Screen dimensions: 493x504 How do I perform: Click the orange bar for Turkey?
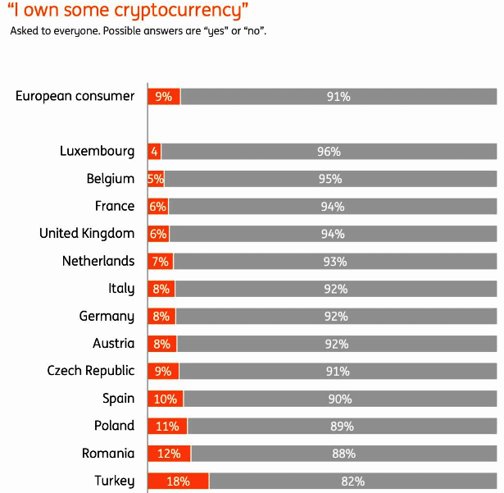pos(178,481)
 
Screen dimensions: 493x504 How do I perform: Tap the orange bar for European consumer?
pos(164,96)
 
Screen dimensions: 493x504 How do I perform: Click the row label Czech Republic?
pos(90,371)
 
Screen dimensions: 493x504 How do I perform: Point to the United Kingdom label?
pos(87,234)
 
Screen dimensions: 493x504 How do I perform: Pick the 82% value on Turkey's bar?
pos(352,482)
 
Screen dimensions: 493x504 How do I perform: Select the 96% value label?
pos(329,152)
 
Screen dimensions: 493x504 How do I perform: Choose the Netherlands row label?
pos(98,261)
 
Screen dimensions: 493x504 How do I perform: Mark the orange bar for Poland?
pos(167,426)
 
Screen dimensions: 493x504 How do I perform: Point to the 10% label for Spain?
pos(164,399)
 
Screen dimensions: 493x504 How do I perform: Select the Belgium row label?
pos(111,179)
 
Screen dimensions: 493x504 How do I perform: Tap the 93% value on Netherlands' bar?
pos(334,262)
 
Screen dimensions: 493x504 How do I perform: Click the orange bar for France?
pos(157,207)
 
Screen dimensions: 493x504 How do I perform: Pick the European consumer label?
pos(75,96)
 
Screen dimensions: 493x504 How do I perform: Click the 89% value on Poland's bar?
pos(342,427)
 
